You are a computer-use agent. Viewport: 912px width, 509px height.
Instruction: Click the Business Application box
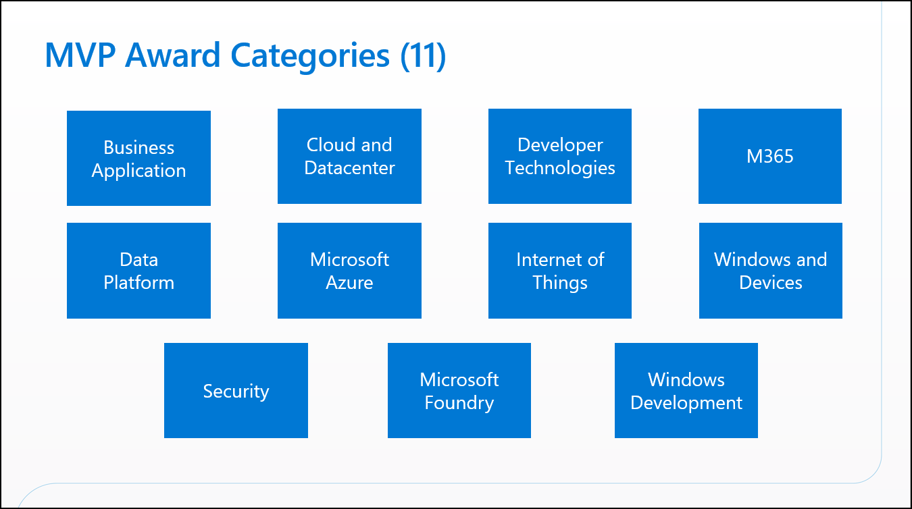pyautogui.click(x=138, y=159)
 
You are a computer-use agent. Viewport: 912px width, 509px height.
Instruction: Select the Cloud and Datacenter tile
pyautogui.click(x=349, y=156)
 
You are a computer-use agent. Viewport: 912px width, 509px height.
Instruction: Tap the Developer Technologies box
pyautogui.click(x=560, y=156)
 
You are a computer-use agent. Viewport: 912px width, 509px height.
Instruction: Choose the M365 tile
pyautogui.click(x=770, y=156)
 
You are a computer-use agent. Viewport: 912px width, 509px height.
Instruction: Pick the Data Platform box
pyautogui.click(x=138, y=271)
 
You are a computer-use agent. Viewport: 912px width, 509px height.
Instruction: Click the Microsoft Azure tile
pyautogui.click(x=349, y=271)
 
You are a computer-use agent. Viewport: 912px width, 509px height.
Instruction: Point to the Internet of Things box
pyautogui.click(x=560, y=271)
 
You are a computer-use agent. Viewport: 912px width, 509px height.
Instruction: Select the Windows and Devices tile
pyautogui.click(x=771, y=271)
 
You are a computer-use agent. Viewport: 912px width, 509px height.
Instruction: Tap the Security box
pyautogui.click(x=236, y=391)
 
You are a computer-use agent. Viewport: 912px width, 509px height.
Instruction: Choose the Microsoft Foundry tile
pyautogui.click(x=459, y=391)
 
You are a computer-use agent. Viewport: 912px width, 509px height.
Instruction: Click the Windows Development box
pyautogui.click(x=686, y=391)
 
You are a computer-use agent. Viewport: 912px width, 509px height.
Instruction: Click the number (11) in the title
pyautogui.click(x=423, y=55)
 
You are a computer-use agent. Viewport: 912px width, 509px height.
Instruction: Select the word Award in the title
pyautogui.click(x=173, y=55)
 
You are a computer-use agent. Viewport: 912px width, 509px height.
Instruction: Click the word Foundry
pyautogui.click(x=459, y=403)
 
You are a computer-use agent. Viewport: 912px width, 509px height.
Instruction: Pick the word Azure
pyautogui.click(x=349, y=282)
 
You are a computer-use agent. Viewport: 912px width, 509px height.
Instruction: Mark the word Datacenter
pyautogui.click(x=349, y=167)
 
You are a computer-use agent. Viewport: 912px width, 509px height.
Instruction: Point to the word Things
pyautogui.click(x=560, y=283)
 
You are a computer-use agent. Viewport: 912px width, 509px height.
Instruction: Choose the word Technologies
pyautogui.click(x=560, y=168)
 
